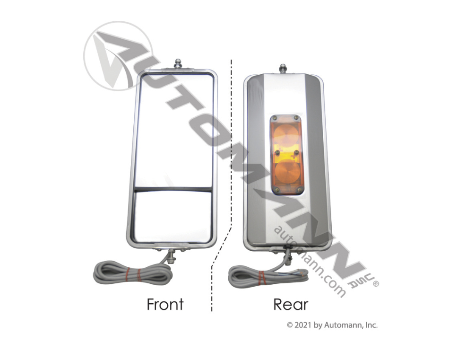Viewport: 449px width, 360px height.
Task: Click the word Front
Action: (165, 304)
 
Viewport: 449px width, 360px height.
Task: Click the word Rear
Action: (291, 304)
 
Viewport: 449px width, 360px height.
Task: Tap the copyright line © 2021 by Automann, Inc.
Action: (332, 325)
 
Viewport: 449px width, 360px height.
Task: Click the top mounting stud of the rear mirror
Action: (283, 68)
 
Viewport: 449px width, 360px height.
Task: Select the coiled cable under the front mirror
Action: (132, 272)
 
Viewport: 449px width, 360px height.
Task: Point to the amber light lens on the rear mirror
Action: (286, 155)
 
